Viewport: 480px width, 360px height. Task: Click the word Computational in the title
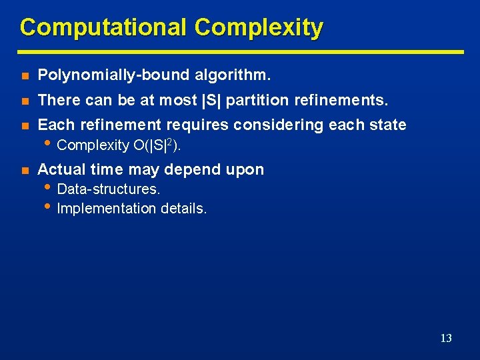tap(103, 28)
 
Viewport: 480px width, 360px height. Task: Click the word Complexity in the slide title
tap(259, 28)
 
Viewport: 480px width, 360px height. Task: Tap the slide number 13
tap(446, 339)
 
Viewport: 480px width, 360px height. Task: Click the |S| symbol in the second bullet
tap(209, 100)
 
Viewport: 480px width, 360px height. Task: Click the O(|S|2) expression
tap(157, 145)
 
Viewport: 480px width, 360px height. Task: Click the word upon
tap(245, 170)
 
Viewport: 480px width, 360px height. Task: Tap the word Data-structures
tap(109, 190)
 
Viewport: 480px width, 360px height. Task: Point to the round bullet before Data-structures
tap(49, 188)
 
